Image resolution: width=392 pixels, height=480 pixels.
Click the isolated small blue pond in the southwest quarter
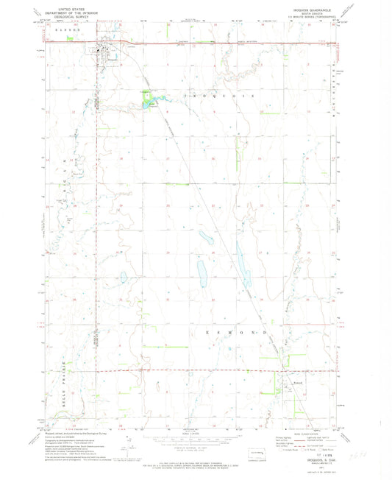click(x=123, y=278)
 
